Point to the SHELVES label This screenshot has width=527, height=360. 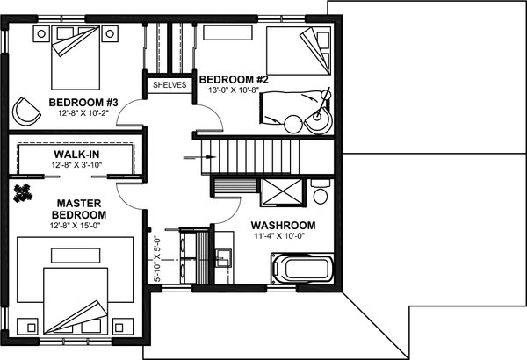pos(169,85)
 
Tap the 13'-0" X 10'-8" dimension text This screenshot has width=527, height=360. pos(235,90)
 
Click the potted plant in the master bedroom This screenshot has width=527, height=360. pos(23,193)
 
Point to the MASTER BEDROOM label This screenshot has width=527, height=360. pos(79,208)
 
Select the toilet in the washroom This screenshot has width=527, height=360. pos(321,191)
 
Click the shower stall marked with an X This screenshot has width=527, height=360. pos(283,192)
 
